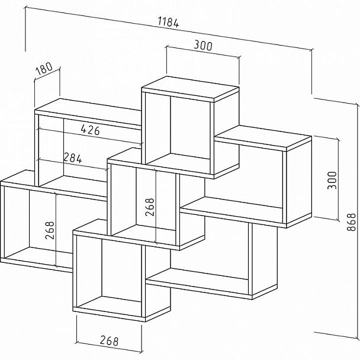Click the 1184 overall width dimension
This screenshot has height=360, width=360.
coord(169,23)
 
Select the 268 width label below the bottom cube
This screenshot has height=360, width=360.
coord(108,341)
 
